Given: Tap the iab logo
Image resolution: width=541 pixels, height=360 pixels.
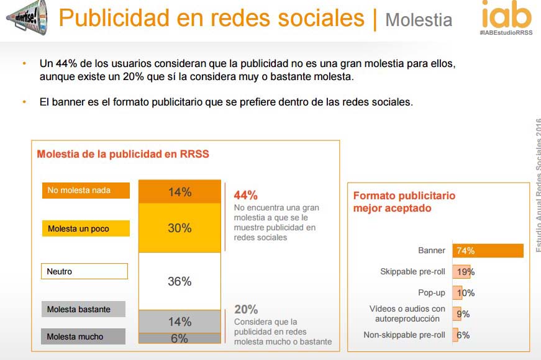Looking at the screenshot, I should pos(506,14).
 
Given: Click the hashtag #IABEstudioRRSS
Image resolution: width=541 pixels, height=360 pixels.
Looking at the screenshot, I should pos(506,32).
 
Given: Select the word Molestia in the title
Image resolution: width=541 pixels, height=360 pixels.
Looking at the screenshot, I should pos(418,20).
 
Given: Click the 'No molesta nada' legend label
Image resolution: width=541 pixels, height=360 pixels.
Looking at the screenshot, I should pos(86,190).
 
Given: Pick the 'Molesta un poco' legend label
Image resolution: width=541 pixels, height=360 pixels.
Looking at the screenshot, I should pos(86,228).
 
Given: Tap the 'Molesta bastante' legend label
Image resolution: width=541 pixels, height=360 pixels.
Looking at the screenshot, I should pos(84,309).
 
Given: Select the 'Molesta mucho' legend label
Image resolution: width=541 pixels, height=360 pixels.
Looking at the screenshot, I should pos(84,336).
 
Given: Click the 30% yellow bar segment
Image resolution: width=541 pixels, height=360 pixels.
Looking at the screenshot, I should pos(180,228).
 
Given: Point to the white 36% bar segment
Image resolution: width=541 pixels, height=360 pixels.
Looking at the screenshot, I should pos(180,281).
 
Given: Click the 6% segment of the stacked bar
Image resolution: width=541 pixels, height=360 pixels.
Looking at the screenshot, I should pos(180,338).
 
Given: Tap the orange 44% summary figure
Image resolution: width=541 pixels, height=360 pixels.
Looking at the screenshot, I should pos(245,195).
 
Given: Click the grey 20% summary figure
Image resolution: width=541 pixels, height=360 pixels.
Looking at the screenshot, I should pos(246,309).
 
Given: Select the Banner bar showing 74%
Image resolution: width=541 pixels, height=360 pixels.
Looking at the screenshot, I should pos(488,251).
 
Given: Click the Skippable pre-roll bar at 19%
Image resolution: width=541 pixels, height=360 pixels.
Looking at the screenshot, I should pos(463,272).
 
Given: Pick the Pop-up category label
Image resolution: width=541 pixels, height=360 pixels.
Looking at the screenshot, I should pos(432,293).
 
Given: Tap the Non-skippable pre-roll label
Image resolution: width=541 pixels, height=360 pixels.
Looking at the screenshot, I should pos(404,335).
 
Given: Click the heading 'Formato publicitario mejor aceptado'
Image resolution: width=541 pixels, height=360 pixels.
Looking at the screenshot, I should pos(404,202).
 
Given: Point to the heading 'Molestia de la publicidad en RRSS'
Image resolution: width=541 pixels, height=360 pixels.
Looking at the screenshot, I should pos(123,154).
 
